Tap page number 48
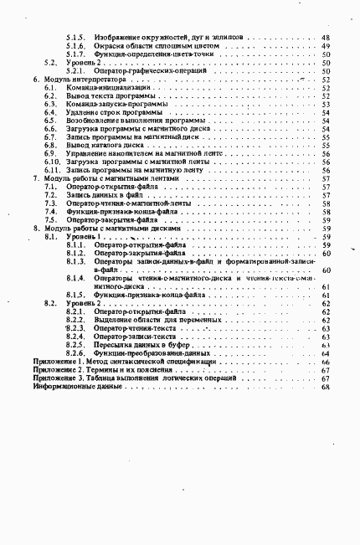[325, 39]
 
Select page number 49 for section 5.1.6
[325, 46]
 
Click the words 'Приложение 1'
[57, 361]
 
